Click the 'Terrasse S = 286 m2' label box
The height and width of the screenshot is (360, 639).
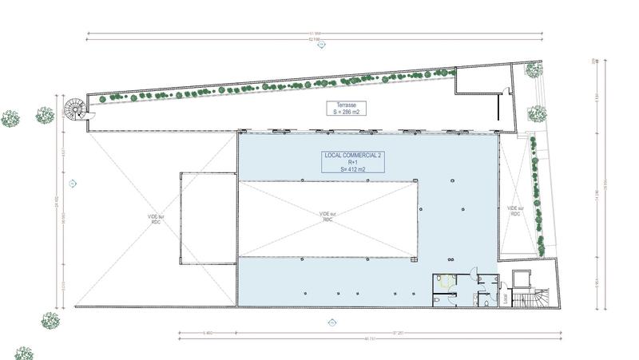click(x=346, y=109)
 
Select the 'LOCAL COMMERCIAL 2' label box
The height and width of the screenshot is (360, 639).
click(x=352, y=161)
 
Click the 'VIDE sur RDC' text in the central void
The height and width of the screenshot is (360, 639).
click(x=326, y=216)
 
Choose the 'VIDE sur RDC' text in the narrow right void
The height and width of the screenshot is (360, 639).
click(x=515, y=211)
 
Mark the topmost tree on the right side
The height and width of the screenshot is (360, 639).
click(x=534, y=69)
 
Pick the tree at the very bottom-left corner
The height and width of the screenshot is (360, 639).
click(x=24, y=353)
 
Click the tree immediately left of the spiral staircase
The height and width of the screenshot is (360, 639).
click(x=45, y=115)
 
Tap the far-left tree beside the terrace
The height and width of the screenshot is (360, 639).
click(x=10, y=118)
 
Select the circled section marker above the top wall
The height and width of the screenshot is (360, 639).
click(x=322, y=45)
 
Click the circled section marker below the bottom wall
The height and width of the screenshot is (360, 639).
click(x=331, y=322)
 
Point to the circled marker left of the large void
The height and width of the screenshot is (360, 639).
click(x=73, y=184)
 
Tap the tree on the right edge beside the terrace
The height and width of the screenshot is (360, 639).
click(x=537, y=113)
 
